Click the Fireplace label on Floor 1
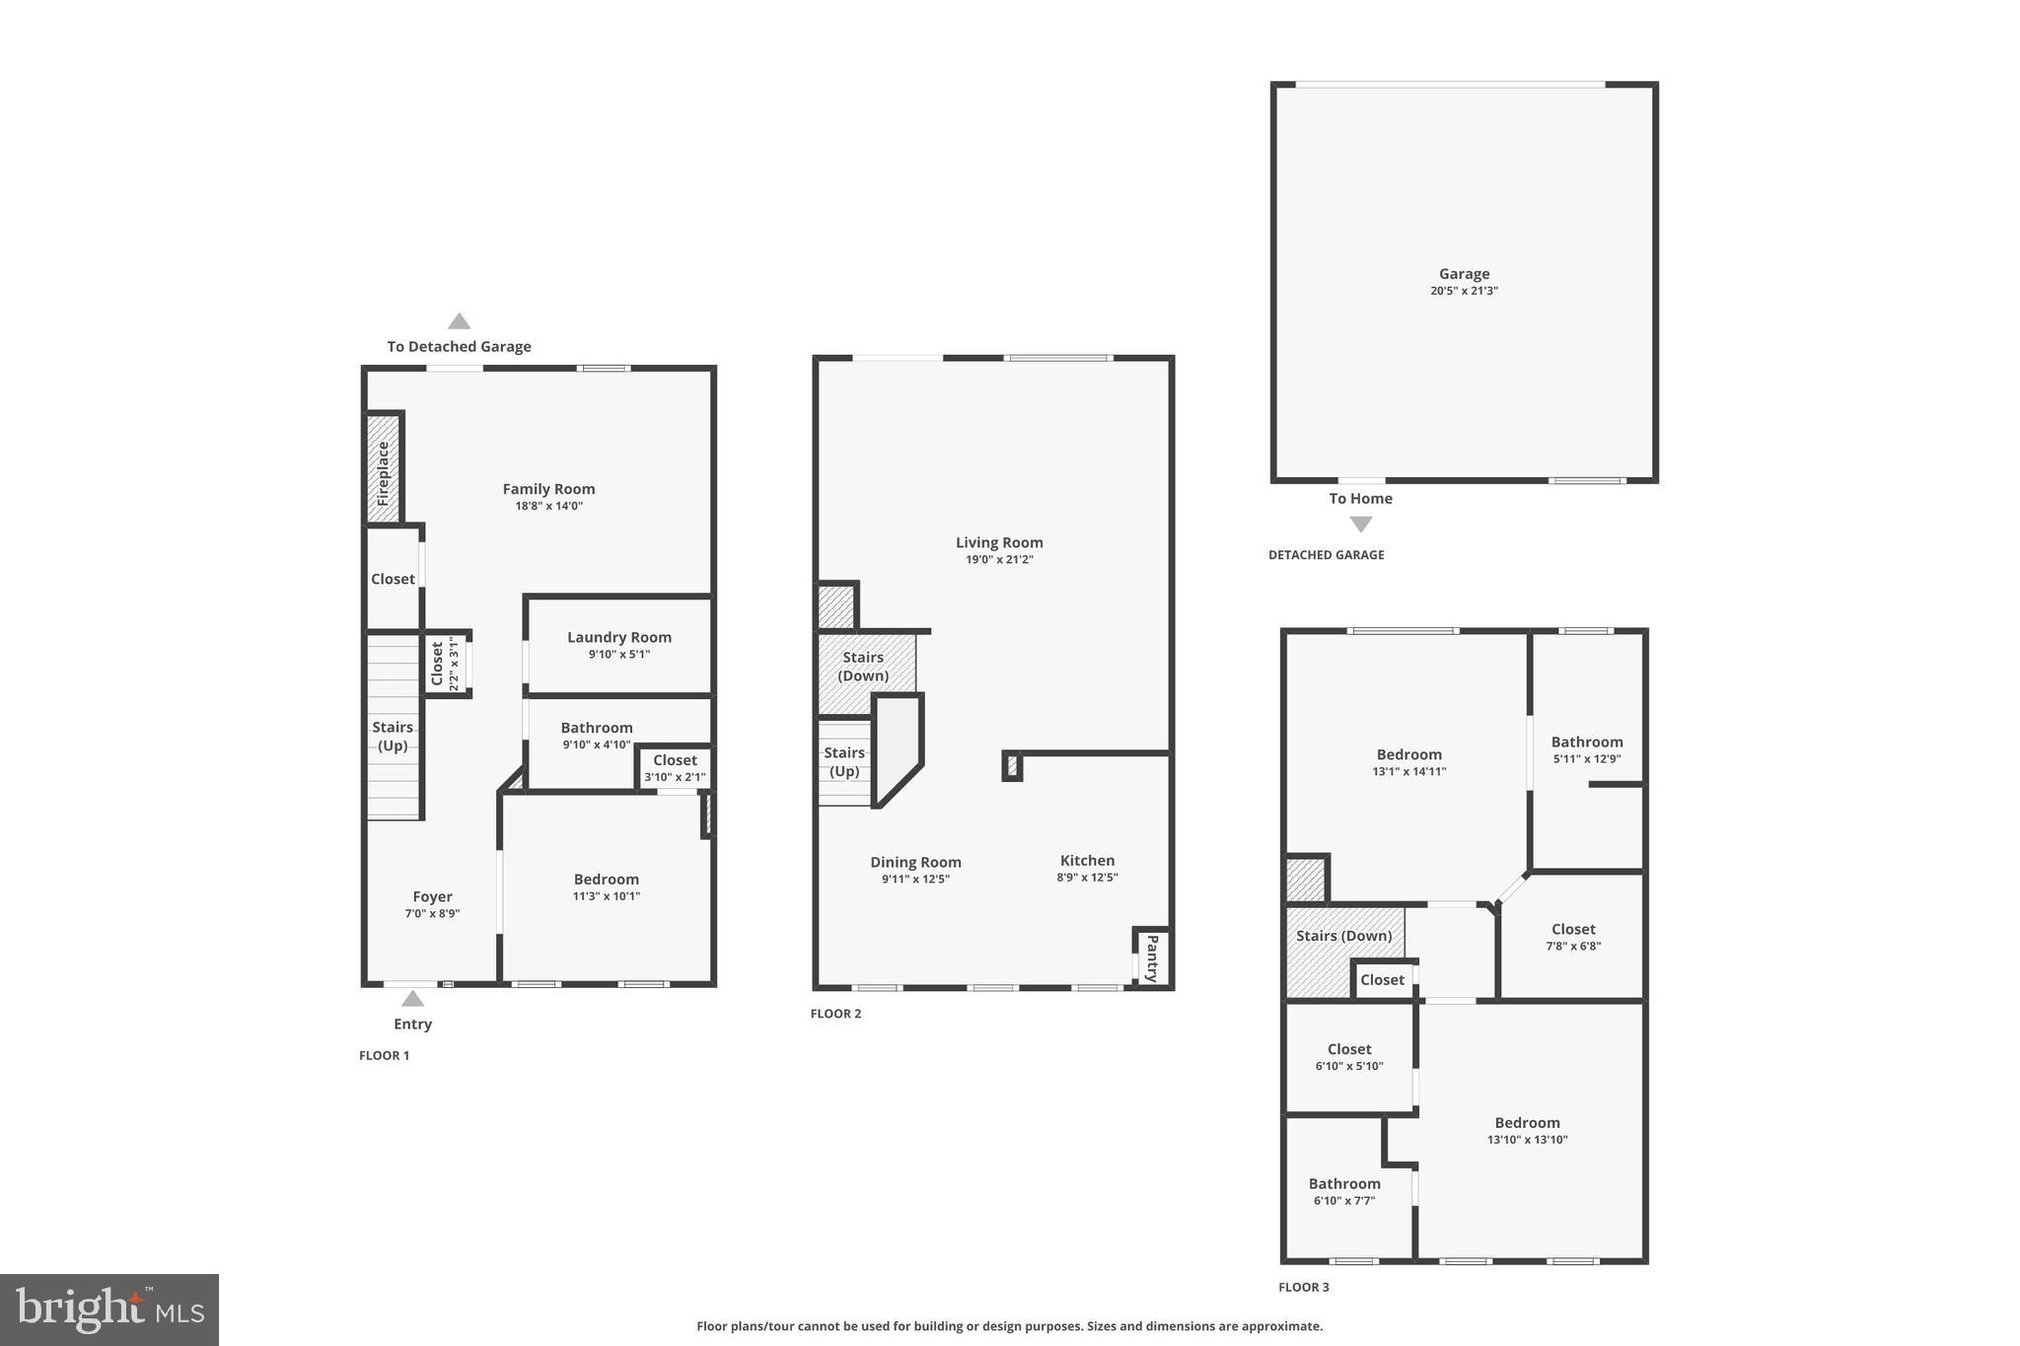tap(384, 473)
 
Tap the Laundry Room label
tap(618, 637)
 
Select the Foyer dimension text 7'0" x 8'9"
tap(432, 914)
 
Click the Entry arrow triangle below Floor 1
tap(413, 999)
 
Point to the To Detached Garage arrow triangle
tap(459, 321)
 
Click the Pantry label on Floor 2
tap(1151, 958)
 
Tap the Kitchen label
tap(1087, 860)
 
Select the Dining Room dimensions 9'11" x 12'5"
tap(915, 880)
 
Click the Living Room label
tap(998, 542)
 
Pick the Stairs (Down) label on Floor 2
tap(863, 667)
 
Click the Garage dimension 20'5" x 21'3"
tap(1464, 291)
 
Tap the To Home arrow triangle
tap(1361, 525)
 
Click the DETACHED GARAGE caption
tap(1326, 555)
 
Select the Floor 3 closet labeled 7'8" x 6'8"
tap(1572, 937)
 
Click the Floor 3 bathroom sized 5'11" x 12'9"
tap(1586, 749)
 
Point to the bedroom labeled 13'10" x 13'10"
tap(1527, 1130)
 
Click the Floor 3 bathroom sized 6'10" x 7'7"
tap(1344, 1191)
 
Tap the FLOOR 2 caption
tap(835, 1014)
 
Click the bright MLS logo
tap(109, 1310)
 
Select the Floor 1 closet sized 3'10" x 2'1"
tap(675, 768)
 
